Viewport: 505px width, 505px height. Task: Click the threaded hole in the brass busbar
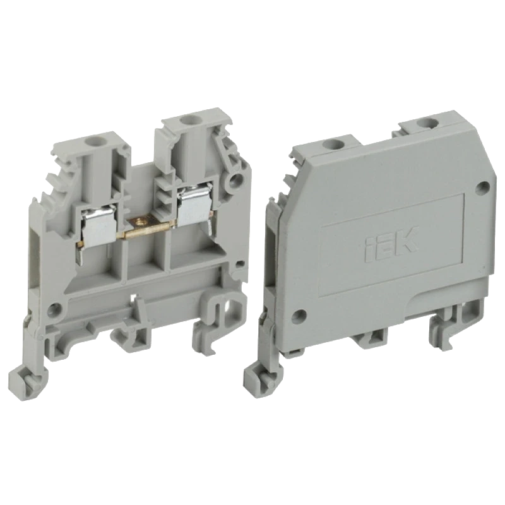140,222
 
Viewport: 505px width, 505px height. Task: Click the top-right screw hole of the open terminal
186,121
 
